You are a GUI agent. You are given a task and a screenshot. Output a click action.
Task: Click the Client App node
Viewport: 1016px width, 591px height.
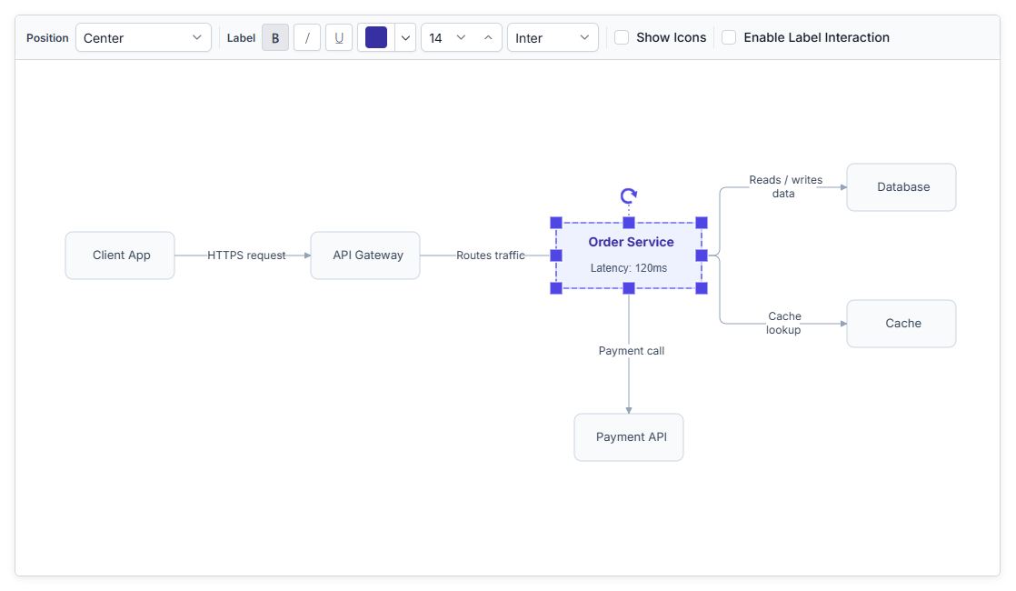[x=120, y=255]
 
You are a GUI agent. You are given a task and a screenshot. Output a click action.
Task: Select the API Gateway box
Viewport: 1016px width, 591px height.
[x=365, y=255]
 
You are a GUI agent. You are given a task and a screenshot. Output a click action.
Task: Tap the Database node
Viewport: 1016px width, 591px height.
[x=901, y=187]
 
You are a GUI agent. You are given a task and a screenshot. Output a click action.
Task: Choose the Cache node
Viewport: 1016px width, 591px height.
[x=901, y=324]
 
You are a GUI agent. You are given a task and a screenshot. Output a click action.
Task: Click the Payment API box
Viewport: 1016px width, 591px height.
[x=629, y=437]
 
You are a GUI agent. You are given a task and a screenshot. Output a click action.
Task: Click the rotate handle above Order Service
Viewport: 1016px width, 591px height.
[x=629, y=195]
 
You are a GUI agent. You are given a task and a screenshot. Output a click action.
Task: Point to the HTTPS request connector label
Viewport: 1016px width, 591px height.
[x=246, y=255]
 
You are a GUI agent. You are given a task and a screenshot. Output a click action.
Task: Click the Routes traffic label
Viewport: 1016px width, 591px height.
[x=491, y=255]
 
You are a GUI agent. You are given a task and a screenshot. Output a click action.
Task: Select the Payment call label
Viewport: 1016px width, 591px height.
[x=631, y=351]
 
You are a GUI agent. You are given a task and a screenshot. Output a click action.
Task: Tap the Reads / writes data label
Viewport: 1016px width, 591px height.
[x=785, y=186]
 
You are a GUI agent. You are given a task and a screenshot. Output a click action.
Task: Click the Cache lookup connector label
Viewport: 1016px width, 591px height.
[x=784, y=323]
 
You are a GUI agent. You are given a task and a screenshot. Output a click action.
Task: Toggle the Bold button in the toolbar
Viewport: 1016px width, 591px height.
[x=275, y=37]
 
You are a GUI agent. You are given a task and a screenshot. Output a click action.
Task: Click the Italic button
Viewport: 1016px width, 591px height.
[x=307, y=37]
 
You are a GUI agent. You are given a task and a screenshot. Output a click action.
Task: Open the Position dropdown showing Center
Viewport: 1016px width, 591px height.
[x=144, y=37]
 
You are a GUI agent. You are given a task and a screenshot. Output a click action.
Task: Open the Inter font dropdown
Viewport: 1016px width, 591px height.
[x=553, y=37]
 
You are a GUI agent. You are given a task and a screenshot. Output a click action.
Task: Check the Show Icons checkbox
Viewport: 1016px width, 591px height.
[x=622, y=37]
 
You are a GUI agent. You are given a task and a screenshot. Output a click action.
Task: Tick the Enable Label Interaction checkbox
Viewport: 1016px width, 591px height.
[x=729, y=37]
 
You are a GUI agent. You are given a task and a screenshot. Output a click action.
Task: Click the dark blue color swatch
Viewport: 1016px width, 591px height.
[x=376, y=37]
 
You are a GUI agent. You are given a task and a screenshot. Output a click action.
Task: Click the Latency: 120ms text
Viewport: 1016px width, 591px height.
[x=629, y=268]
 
